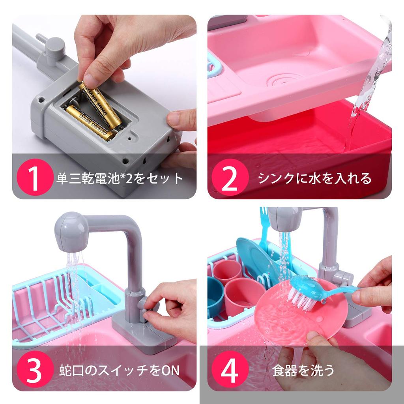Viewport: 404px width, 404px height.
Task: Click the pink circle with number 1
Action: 34,177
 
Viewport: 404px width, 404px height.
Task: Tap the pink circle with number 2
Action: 230,177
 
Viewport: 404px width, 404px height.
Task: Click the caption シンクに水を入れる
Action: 314,178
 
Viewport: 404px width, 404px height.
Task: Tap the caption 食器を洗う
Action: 303,370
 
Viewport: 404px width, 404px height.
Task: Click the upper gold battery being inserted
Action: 101,103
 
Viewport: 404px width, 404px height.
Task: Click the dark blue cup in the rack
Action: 215,296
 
